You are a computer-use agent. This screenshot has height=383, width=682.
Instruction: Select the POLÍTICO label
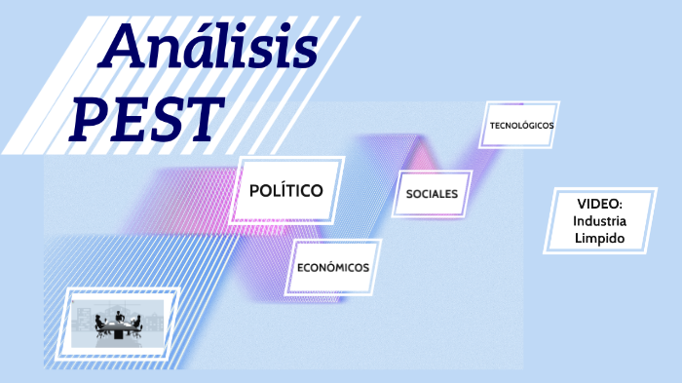pos(286,190)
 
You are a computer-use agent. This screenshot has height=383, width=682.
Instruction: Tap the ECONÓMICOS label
pos(332,266)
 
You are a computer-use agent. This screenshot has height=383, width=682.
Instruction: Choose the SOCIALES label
pos(432,194)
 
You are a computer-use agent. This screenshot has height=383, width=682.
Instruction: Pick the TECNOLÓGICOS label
pos(521,126)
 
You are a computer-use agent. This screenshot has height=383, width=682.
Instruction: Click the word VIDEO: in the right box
pos(599,204)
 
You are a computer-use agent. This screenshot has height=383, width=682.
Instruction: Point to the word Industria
pos(599,221)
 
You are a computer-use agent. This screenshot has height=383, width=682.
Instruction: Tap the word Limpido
pos(599,239)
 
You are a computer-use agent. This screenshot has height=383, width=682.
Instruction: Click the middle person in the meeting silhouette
pos(118,318)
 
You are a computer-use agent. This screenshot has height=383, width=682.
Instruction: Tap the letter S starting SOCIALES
pos(408,194)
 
